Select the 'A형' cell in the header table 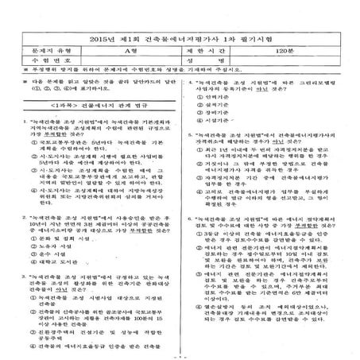click(132, 48)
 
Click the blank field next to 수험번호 click(132, 59)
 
